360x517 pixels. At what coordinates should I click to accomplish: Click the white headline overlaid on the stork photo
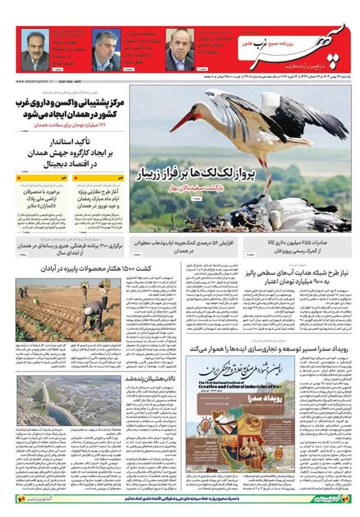(x=191, y=173)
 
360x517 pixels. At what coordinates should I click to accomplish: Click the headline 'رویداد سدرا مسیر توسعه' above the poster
(x=271, y=349)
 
